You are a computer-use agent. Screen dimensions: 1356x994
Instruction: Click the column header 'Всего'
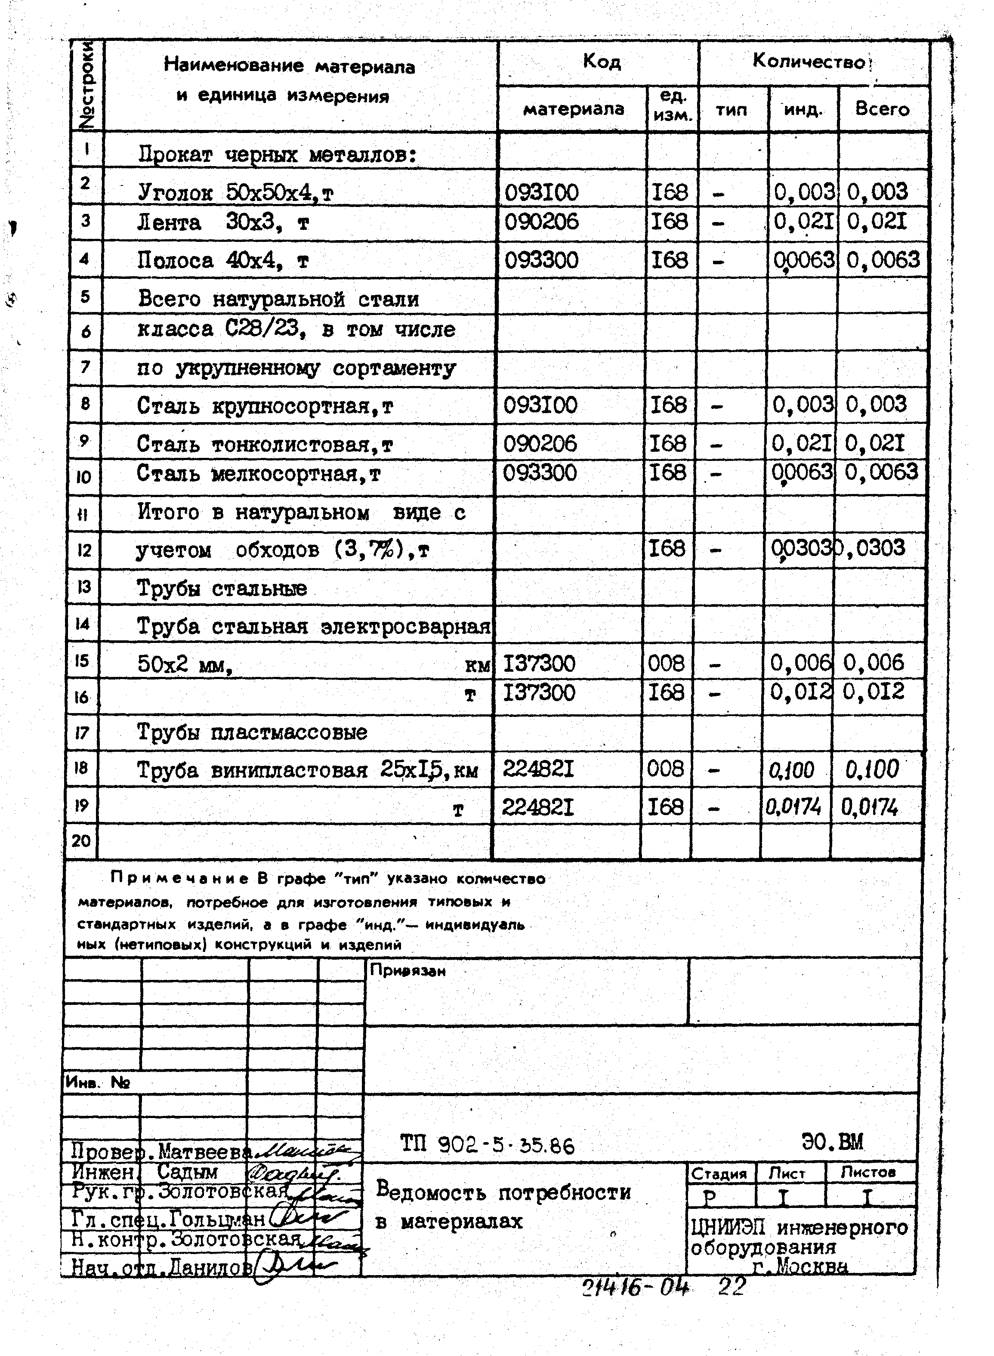pos(882,109)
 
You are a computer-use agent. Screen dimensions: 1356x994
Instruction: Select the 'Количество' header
pos(809,62)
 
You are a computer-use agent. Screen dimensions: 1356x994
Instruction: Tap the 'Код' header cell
pos(601,62)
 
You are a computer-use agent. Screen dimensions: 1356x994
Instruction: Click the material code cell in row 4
pos(541,260)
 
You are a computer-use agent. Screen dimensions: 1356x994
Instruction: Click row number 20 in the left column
pos(80,840)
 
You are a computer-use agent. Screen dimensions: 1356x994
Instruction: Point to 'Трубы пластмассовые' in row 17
pos(251,732)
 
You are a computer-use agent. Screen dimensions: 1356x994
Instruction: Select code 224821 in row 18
pos(538,769)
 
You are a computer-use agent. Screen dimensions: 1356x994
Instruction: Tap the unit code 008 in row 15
pos(666,664)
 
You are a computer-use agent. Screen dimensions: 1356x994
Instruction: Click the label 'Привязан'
pos(407,970)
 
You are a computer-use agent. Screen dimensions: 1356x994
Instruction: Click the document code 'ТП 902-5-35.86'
pos(488,1145)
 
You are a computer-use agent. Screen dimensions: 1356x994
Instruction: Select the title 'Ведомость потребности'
pos(503,1192)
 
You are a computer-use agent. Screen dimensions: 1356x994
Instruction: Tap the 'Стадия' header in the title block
pos(719,1174)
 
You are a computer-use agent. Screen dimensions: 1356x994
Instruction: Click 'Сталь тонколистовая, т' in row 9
pos(264,444)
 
